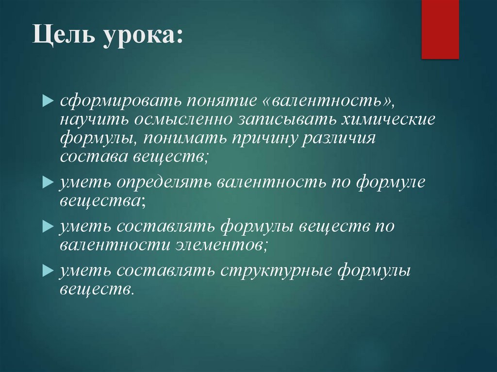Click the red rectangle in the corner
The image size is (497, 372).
pos(440,29)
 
